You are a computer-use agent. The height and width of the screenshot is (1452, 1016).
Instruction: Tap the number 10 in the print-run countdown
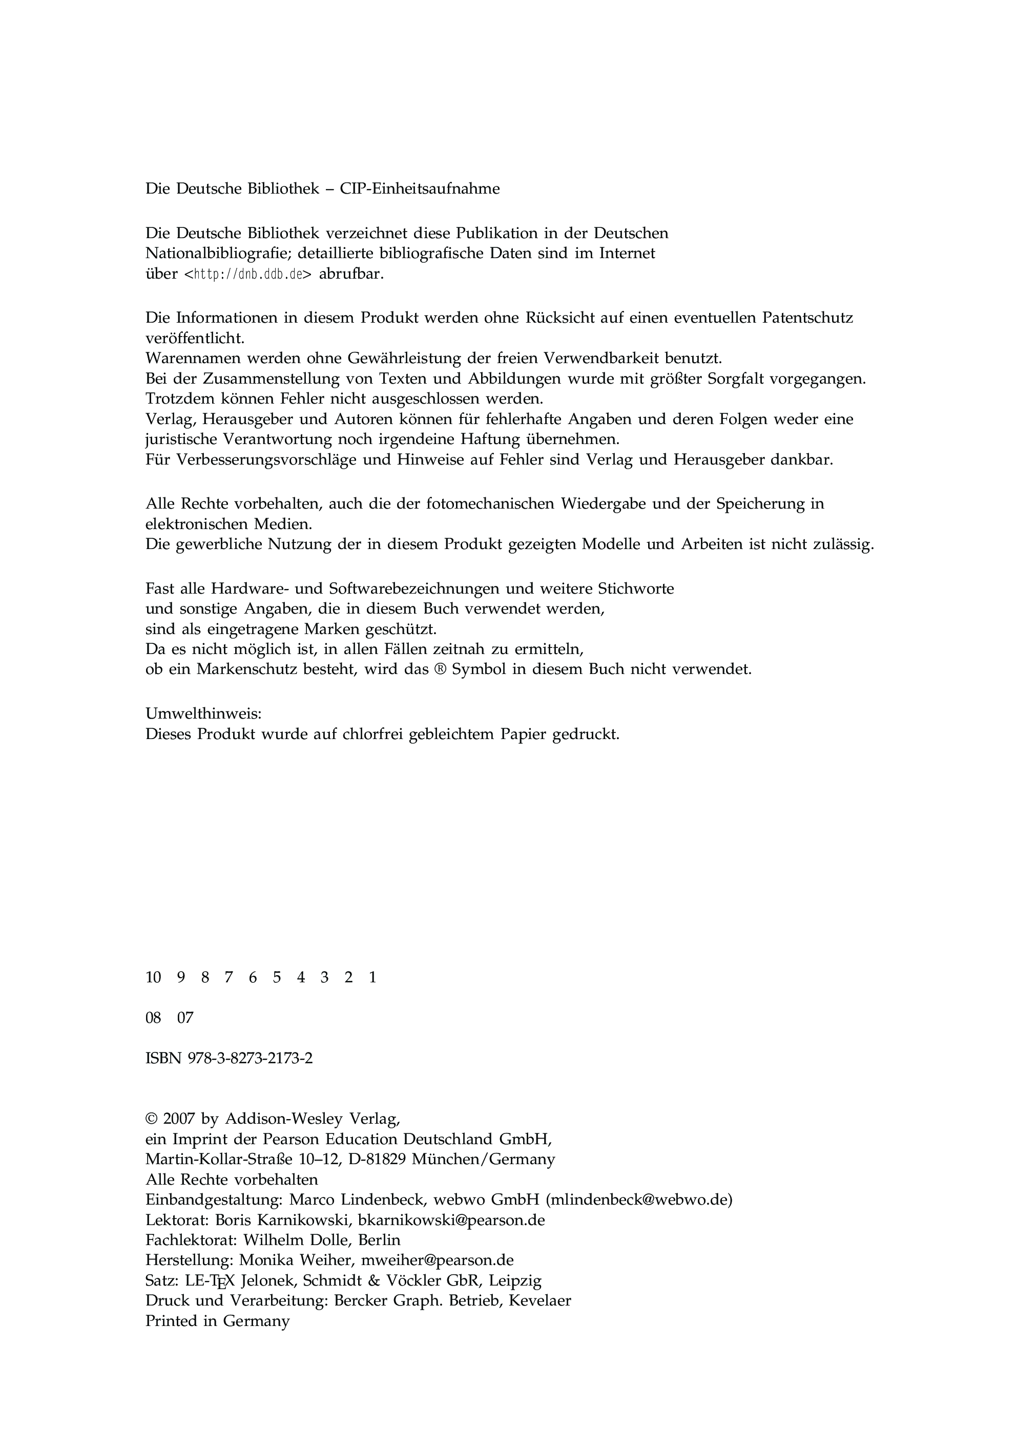tap(153, 978)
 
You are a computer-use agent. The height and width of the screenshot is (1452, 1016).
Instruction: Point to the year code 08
tap(153, 1018)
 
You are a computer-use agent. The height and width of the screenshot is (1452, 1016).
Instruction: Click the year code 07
tap(185, 1018)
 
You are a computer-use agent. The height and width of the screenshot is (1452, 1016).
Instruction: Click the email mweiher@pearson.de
tap(437, 1260)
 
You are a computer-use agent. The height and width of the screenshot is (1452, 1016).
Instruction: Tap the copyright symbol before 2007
tap(151, 1119)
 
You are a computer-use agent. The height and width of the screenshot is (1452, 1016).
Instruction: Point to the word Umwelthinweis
tap(203, 714)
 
